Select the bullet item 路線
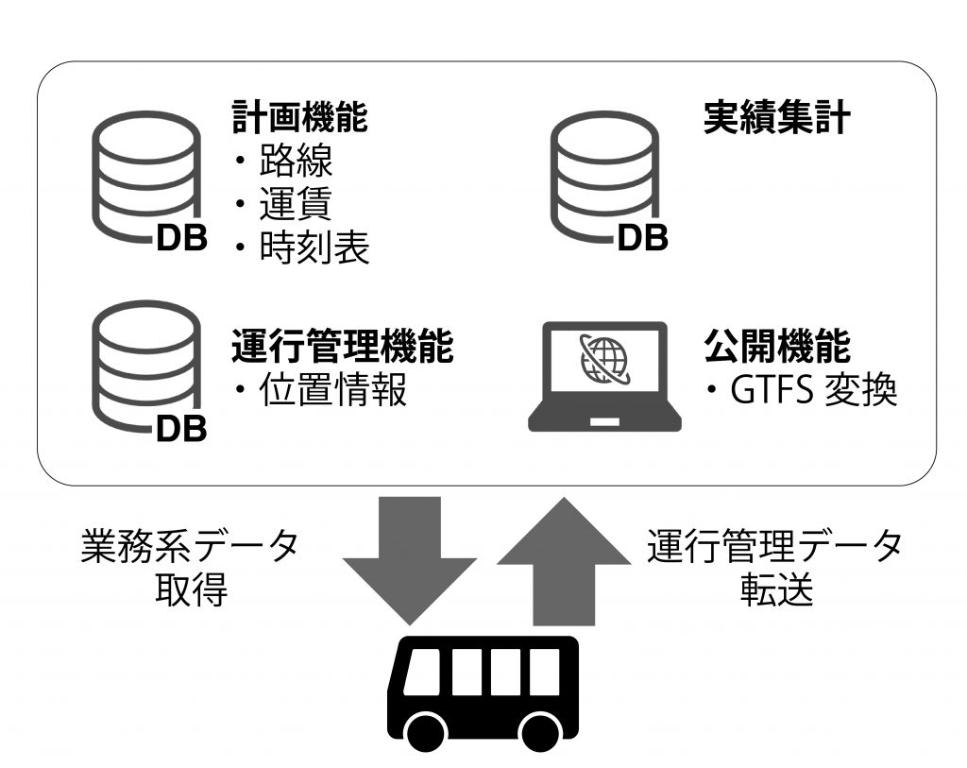(296, 162)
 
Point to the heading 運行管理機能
(343, 347)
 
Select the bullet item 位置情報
(332, 389)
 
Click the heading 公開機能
(777, 347)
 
